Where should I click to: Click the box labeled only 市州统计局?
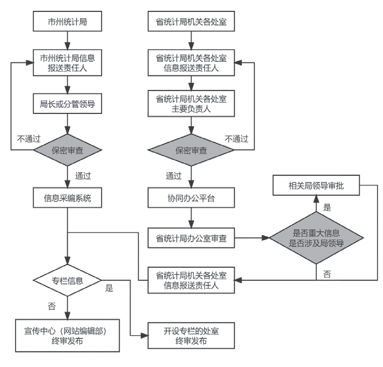pyautogui.click(x=67, y=22)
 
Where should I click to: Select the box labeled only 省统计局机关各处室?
pyautogui.click(x=191, y=22)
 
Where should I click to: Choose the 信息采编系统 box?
pyautogui.click(x=67, y=198)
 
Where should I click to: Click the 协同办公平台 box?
pyautogui.click(x=191, y=198)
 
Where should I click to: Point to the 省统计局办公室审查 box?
pyautogui.click(x=191, y=239)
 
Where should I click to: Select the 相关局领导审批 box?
pyautogui.click(x=316, y=185)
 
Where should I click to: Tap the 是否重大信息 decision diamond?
pyautogui.click(x=316, y=239)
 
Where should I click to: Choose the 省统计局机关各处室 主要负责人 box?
pyautogui.click(x=191, y=104)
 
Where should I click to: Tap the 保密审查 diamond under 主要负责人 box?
pyautogui.click(x=191, y=151)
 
